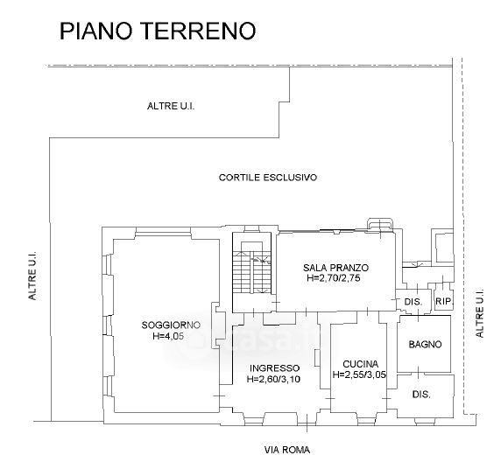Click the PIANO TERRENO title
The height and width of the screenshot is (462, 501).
pyautogui.click(x=158, y=31)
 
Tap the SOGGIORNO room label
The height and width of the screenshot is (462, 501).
pyautogui.click(x=171, y=325)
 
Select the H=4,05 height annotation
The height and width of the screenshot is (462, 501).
pyautogui.click(x=169, y=336)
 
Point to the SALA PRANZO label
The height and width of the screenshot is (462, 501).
pyautogui.click(x=335, y=267)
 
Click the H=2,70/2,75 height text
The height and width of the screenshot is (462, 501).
pyautogui.click(x=334, y=277)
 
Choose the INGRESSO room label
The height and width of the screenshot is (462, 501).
pyautogui.click(x=275, y=368)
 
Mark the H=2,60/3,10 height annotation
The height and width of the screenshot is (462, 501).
pyautogui.click(x=274, y=379)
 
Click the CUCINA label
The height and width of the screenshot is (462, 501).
pyautogui.click(x=360, y=364)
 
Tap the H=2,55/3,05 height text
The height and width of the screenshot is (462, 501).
pyautogui.click(x=359, y=374)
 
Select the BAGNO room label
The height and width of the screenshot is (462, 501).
pyautogui.click(x=426, y=344)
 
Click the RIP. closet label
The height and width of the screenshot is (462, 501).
pyautogui.click(x=443, y=301)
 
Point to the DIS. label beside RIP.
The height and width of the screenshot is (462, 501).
pyautogui.click(x=413, y=301)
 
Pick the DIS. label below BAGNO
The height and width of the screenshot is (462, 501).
pyautogui.click(x=421, y=395)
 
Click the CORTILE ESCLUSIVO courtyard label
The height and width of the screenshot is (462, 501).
pyautogui.click(x=268, y=178)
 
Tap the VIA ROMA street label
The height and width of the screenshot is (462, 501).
pyautogui.click(x=287, y=450)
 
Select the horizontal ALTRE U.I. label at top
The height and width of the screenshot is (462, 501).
pyautogui.click(x=171, y=106)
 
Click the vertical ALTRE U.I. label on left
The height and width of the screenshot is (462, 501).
pyautogui.click(x=32, y=276)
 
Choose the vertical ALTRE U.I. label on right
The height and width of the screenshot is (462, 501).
pyautogui.click(x=480, y=313)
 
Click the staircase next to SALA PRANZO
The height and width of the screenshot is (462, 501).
pyautogui.click(x=252, y=272)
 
